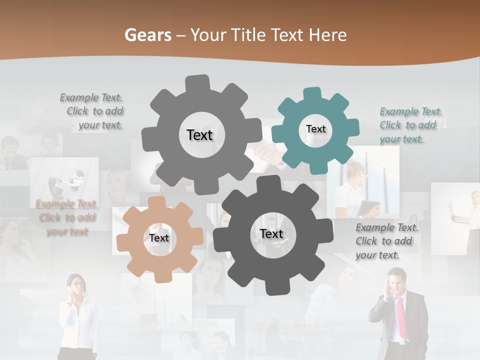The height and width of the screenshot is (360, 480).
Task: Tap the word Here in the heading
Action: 328,35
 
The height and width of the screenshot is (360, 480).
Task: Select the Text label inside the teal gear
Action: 315,129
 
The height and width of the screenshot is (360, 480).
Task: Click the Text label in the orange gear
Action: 159,238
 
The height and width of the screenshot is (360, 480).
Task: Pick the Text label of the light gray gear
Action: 199,135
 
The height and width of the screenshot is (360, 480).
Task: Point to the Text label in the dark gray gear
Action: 271,233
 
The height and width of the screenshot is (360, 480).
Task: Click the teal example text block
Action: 410,125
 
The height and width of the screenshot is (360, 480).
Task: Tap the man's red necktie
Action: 401,317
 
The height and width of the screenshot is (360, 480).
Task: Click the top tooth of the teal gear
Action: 312,93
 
